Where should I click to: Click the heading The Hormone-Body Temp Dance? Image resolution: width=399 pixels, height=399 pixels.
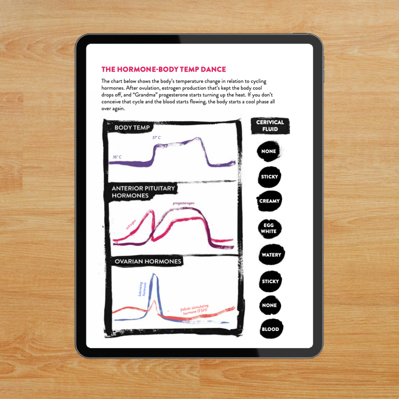pyautogui.click(x=164, y=69)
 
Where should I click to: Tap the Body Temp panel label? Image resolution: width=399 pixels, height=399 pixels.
pyautogui.click(x=132, y=127)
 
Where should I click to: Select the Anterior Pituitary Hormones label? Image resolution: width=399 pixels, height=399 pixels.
pyautogui.click(x=143, y=192)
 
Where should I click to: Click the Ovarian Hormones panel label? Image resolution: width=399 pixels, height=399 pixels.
pyautogui.click(x=148, y=261)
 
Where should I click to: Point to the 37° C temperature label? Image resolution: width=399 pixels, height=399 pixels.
pyautogui.click(x=157, y=138)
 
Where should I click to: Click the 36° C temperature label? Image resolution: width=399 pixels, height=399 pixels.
pyautogui.click(x=117, y=157)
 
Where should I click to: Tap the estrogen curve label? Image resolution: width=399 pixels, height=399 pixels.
pyautogui.click(x=131, y=225)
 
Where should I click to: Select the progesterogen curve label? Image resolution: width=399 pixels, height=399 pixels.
pyautogui.click(x=184, y=203)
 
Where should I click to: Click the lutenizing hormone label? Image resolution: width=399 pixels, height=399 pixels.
pyautogui.click(x=142, y=289)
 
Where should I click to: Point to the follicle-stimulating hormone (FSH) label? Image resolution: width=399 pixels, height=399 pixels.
pyautogui.click(x=195, y=309)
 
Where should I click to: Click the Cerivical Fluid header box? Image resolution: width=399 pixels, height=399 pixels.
pyautogui.click(x=270, y=126)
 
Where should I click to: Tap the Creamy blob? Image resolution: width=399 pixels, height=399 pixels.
pyautogui.click(x=269, y=201)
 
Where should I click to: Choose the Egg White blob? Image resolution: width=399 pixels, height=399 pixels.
pyautogui.click(x=269, y=228)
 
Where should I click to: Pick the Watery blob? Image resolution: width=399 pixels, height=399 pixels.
pyautogui.click(x=271, y=255)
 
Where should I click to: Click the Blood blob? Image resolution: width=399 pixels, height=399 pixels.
pyautogui.click(x=270, y=329)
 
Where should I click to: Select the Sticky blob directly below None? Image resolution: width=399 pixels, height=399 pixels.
pyautogui.click(x=269, y=177)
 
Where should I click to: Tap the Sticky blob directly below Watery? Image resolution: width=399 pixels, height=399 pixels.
pyautogui.click(x=270, y=282)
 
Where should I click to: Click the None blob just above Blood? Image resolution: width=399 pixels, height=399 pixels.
pyautogui.click(x=269, y=306)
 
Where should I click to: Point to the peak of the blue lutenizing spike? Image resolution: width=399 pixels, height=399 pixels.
pyautogui.click(x=153, y=274)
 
